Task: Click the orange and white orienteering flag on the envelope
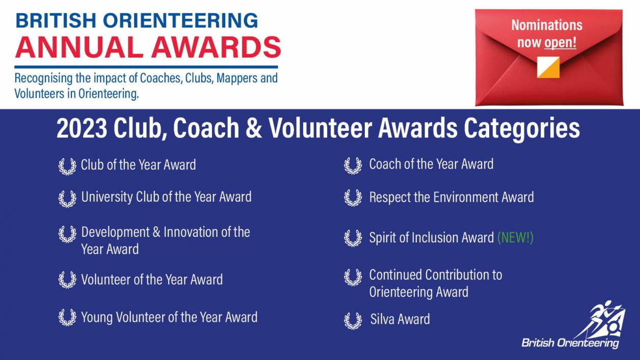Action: pos(548,67)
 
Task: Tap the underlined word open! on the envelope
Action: pos(560,43)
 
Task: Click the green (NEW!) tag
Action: pos(515,237)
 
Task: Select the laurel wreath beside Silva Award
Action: pos(353,321)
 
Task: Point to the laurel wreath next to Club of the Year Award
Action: pos(67,167)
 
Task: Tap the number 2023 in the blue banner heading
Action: pos(82,128)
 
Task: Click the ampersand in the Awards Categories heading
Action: pos(253,128)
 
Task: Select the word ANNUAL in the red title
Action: pos(79,47)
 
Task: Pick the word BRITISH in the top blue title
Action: pos(56,20)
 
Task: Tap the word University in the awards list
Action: pos(107,197)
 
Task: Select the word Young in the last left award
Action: pos(97,317)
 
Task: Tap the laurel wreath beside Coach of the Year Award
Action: pos(353,165)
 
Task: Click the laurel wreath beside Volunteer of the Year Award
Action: pos(67,280)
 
